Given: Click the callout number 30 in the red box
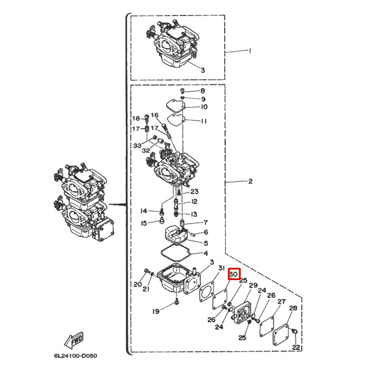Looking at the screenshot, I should click(233, 274).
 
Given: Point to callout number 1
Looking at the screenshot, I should click(250, 51).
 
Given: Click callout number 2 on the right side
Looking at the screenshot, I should click(250, 181).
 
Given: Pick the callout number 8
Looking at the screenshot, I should click(203, 90).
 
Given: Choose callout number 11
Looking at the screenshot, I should click(204, 121).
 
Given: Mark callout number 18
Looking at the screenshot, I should click(135, 119).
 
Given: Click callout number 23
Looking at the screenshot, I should click(195, 192).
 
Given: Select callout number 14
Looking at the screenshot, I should click(144, 211).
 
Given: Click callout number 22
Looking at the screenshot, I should click(296, 347).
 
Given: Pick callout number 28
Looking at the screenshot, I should click(293, 308).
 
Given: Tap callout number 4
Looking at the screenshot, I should click(205, 253).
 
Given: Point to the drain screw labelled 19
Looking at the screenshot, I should click(176, 302).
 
